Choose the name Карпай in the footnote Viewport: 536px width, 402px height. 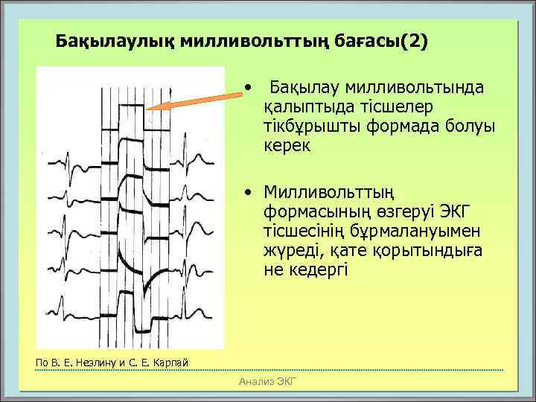pyautogui.click(x=170, y=363)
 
